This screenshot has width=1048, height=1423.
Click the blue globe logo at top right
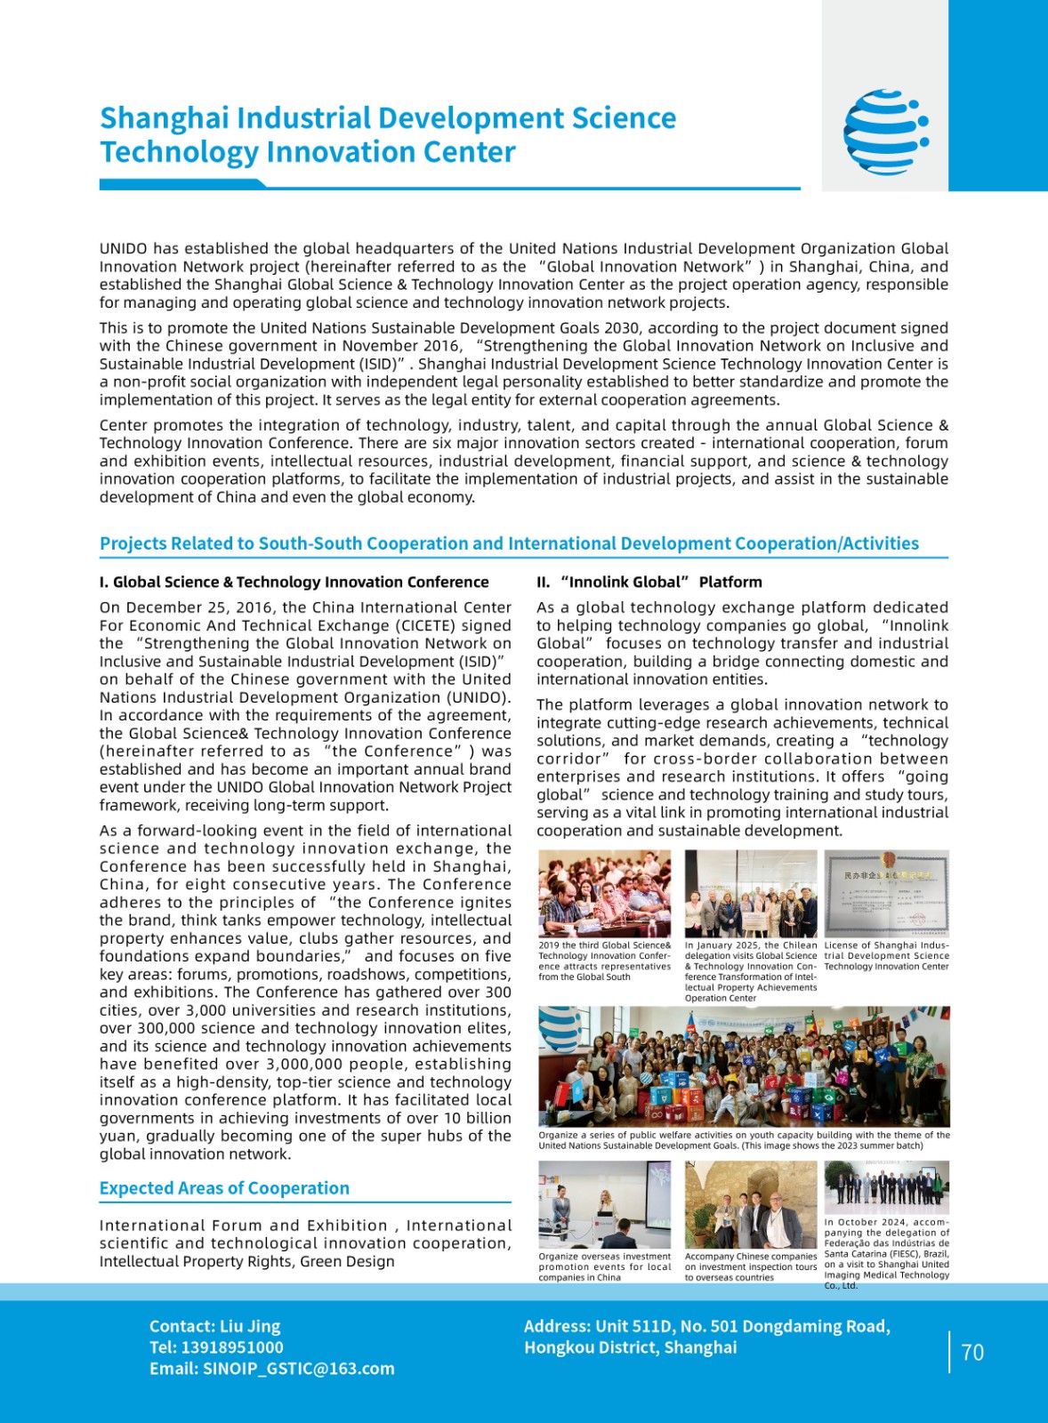click(x=886, y=132)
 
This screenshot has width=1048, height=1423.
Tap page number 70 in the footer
click(x=972, y=1353)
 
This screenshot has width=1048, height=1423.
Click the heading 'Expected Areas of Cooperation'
click(x=224, y=1188)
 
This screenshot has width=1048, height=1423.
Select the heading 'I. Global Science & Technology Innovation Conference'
click(x=294, y=582)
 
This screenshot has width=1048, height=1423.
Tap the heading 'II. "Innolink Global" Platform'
click(x=649, y=582)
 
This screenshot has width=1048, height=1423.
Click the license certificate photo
click(x=886, y=892)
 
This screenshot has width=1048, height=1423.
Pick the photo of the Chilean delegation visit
click(x=750, y=892)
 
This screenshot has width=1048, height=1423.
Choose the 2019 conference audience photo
click(x=605, y=892)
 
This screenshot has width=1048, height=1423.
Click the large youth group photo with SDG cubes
click(x=744, y=1066)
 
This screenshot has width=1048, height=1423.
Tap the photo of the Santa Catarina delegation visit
click(x=886, y=1187)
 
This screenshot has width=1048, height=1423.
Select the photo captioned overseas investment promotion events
click(x=605, y=1204)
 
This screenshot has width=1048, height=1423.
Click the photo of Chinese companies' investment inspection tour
click(x=750, y=1204)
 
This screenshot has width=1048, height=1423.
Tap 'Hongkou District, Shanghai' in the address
click(x=630, y=1347)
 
